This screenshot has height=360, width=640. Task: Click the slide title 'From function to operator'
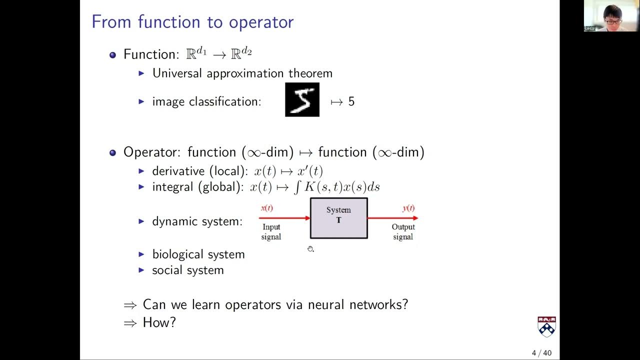192,22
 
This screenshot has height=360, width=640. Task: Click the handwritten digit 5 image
302,100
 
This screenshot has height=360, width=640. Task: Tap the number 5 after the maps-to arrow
351,101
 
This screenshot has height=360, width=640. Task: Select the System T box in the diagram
338,218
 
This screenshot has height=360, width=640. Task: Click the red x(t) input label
267,208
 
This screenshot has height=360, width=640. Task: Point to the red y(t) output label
408,208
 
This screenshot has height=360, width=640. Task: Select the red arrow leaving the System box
392,218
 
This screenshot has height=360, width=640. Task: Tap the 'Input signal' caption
271,231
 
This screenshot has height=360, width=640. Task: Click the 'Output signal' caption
403,231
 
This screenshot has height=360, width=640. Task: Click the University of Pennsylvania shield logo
546,326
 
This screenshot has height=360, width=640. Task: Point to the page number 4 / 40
541,353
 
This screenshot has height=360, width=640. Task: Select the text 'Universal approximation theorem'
242,73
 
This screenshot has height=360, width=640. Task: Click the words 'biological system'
198,254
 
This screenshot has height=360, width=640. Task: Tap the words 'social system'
188,270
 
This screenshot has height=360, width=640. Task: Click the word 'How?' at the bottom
159,322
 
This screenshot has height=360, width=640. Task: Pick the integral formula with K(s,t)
336,187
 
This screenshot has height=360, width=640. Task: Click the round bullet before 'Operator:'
112,152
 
